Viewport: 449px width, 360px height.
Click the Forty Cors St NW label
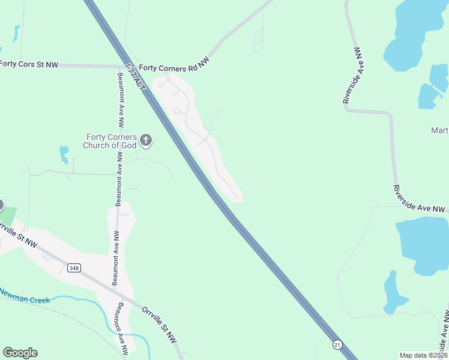pyautogui.click(x=29, y=64)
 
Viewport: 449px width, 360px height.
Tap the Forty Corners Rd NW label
pyautogui.click(x=174, y=68)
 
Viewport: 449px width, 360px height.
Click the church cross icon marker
pyautogui.click(x=146, y=141)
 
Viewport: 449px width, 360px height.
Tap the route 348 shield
pyautogui.click(x=74, y=268)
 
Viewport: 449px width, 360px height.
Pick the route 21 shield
pyautogui.click(x=337, y=344)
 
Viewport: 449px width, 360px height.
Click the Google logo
pyautogui.click(x=20, y=353)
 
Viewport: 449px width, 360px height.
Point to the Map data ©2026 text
pyautogui.click(x=423, y=355)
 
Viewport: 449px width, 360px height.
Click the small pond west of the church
pyautogui.click(x=64, y=154)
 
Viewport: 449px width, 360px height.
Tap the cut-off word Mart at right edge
pyautogui.click(x=439, y=131)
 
